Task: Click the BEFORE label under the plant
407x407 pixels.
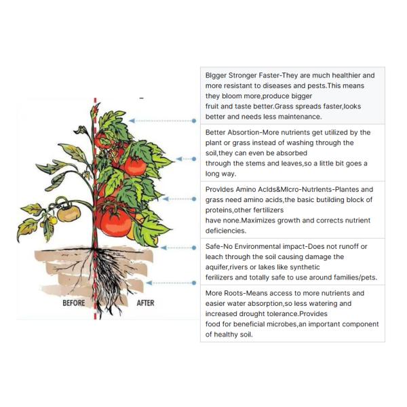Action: point(73,303)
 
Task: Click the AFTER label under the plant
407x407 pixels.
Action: point(146,303)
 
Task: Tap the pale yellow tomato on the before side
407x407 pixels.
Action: point(68,214)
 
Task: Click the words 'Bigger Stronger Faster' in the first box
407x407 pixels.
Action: point(244,75)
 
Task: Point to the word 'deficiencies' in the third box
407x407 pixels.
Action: point(228,230)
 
